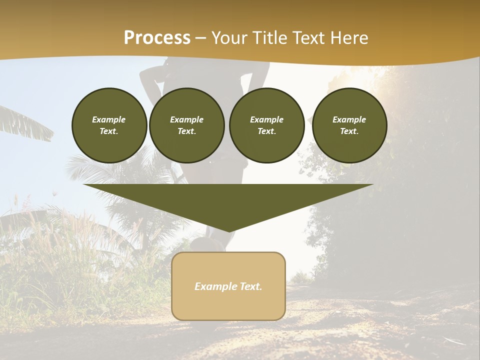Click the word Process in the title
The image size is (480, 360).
point(157,37)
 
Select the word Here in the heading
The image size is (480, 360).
point(349,37)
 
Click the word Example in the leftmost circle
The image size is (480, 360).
point(109,119)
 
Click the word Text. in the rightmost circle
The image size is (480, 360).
point(349,131)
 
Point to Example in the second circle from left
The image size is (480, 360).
point(187,119)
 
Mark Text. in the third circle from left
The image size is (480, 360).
point(267,131)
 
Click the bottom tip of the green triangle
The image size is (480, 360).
point(229,230)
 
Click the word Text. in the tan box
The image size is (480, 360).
point(250,286)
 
